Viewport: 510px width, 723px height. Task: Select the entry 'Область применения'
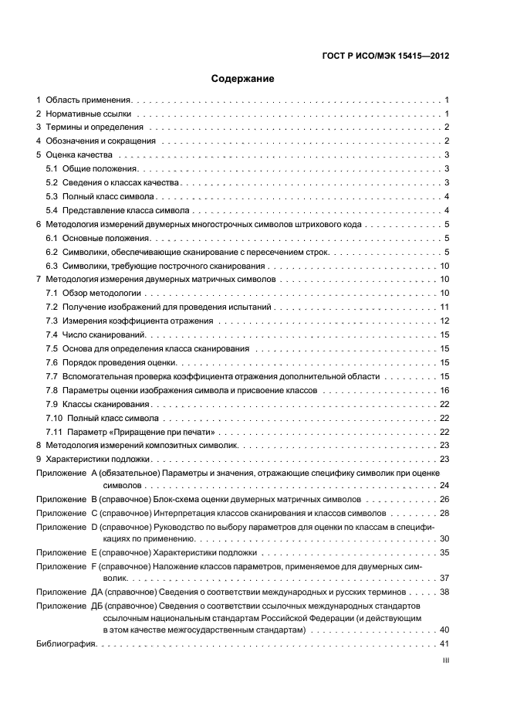pos(89,100)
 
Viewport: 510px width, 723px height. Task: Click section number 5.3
pos(52,196)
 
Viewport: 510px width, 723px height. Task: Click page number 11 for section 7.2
pos(444,307)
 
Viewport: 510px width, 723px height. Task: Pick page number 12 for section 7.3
pos(444,321)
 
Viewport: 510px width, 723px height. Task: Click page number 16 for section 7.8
pos(444,391)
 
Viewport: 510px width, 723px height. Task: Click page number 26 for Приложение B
pos(444,500)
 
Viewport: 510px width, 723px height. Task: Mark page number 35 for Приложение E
pos(444,553)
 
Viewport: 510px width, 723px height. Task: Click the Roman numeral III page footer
pos(444,661)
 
